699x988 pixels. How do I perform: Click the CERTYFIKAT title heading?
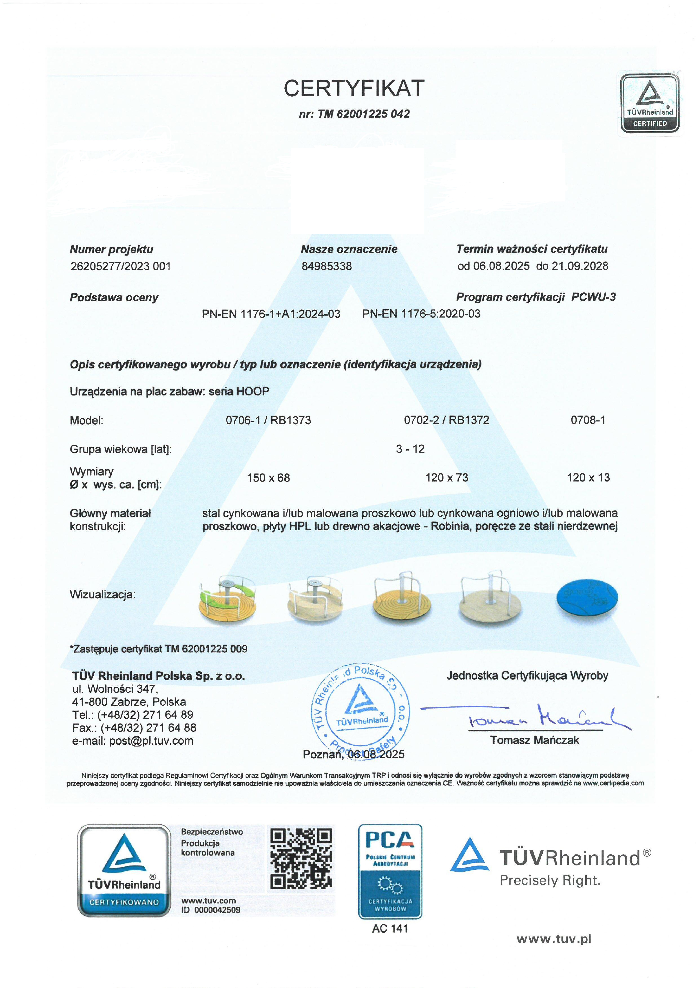pyautogui.click(x=354, y=88)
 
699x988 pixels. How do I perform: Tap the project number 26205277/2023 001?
pyautogui.click(x=121, y=266)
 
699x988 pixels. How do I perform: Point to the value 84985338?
pyautogui.click(x=327, y=266)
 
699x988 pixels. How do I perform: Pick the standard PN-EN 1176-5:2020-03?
pyautogui.click(x=421, y=314)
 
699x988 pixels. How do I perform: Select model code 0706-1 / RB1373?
pyautogui.click(x=268, y=420)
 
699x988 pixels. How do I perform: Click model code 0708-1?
pyautogui.click(x=588, y=420)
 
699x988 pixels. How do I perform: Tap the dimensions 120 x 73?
pyautogui.click(x=447, y=478)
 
